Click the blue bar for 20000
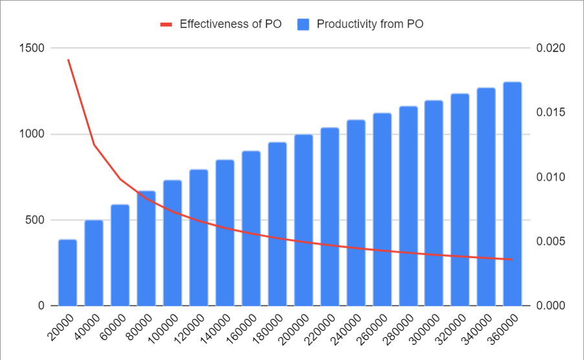click(x=68, y=273)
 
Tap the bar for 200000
click(x=303, y=220)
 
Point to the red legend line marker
click(x=166, y=25)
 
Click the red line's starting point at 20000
click(x=68, y=60)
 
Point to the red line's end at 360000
click(x=512, y=260)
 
